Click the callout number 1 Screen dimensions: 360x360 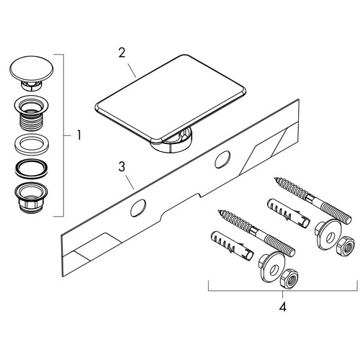point(79,135)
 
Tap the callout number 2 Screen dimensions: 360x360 point(122,53)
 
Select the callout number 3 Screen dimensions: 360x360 point(122,167)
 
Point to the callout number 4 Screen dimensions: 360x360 point(283,307)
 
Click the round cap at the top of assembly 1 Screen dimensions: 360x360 point(32,70)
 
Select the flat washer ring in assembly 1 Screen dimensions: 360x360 point(32,145)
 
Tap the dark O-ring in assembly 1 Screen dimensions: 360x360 point(32,169)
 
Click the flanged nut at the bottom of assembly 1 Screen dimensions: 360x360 point(32,198)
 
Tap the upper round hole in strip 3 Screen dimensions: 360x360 point(222,160)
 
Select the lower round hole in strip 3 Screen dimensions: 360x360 point(138,208)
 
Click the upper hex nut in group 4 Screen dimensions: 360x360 point(345,247)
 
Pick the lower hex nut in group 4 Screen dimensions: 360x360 point(289,279)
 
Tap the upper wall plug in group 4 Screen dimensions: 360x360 point(287,212)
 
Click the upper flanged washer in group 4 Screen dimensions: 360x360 point(326,234)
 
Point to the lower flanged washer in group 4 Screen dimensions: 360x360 point(271,267)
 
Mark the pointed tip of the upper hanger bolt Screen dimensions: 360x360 point(275,179)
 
